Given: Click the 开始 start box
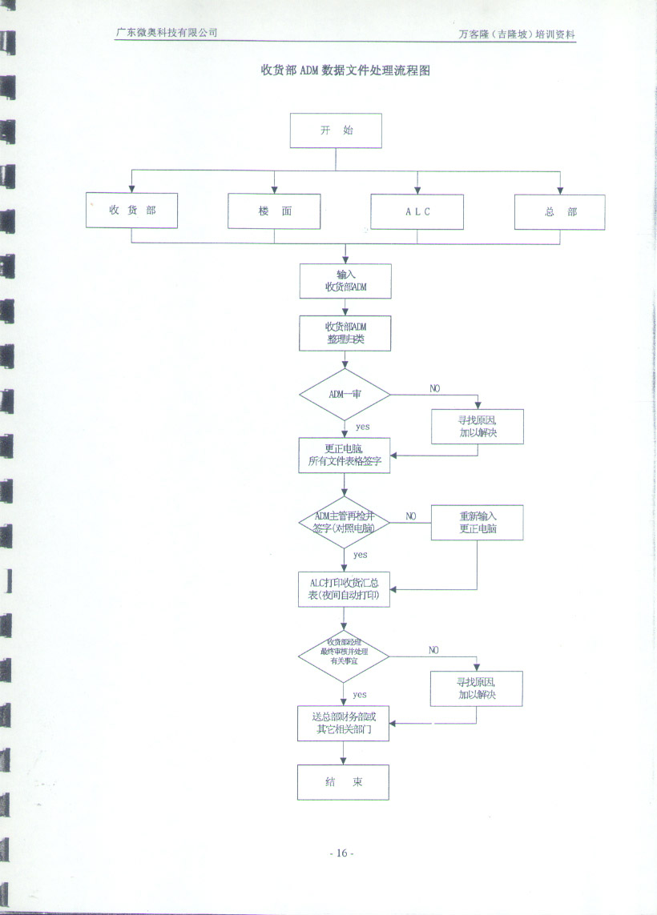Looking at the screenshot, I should (336, 130).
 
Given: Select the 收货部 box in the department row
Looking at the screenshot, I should (132, 211).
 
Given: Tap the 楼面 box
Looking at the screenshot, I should (274, 211).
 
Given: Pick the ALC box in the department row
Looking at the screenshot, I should (417, 211).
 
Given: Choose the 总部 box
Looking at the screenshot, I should (559, 212).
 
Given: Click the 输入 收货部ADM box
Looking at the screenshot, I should (345, 281).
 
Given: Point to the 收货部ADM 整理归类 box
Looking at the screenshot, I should (345, 332).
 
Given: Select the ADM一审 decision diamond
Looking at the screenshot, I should (345, 394).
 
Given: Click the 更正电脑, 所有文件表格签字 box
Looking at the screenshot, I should (345, 455).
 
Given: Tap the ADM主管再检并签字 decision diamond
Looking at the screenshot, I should (345, 522).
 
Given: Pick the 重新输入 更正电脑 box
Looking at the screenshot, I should (478, 522).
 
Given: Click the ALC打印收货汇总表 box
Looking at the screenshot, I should (344, 588).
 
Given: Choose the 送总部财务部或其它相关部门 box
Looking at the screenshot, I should (343, 723).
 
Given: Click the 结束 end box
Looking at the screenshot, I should (343, 782).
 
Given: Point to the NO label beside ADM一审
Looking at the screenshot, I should (434, 388).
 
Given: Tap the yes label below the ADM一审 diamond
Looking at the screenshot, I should (362, 427).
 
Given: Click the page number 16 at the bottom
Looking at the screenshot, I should (341, 853).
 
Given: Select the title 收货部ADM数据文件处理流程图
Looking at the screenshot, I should (345, 70).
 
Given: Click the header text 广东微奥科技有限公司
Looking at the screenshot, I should (166, 33).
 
